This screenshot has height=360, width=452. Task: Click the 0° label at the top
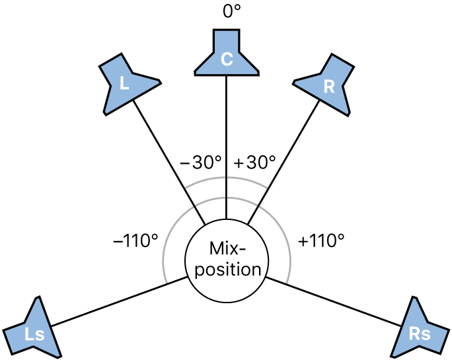(x=231, y=11)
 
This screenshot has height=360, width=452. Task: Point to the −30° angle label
(x=201, y=162)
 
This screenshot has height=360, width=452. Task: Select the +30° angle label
(x=254, y=162)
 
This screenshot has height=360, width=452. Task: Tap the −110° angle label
(x=135, y=240)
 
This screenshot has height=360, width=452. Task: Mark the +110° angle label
(x=321, y=240)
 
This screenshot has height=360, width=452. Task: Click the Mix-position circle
(x=227, y=261)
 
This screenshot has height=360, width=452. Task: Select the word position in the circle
(x=228, y=270)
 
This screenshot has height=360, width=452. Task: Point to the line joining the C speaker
(x=226, y=147)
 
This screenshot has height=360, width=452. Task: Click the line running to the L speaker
(x=169, y=162)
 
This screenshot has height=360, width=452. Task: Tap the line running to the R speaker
(x=283, y=162)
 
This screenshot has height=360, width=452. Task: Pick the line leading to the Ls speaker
(x=119, y=302)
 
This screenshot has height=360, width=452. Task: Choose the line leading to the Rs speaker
(x=334, y=302)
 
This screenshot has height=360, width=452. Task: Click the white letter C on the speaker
(x=227, y=59)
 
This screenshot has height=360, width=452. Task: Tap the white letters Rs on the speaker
(x=420, y=334)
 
